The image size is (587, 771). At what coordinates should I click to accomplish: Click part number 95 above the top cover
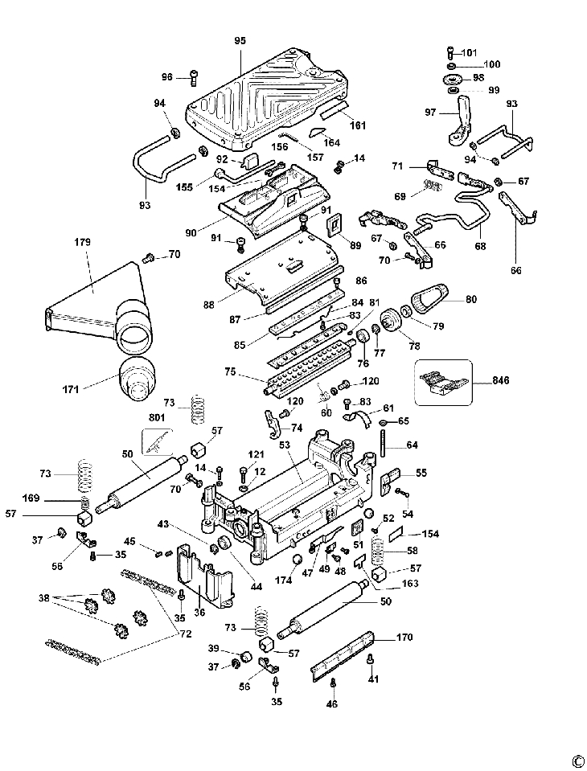click(x=239, y=41)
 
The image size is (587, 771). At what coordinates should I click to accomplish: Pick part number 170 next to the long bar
click(x=404, y=639)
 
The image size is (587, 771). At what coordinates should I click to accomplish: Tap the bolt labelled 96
click(x=194, y=78)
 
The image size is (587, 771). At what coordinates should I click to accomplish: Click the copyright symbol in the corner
click(x=577, y=761)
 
